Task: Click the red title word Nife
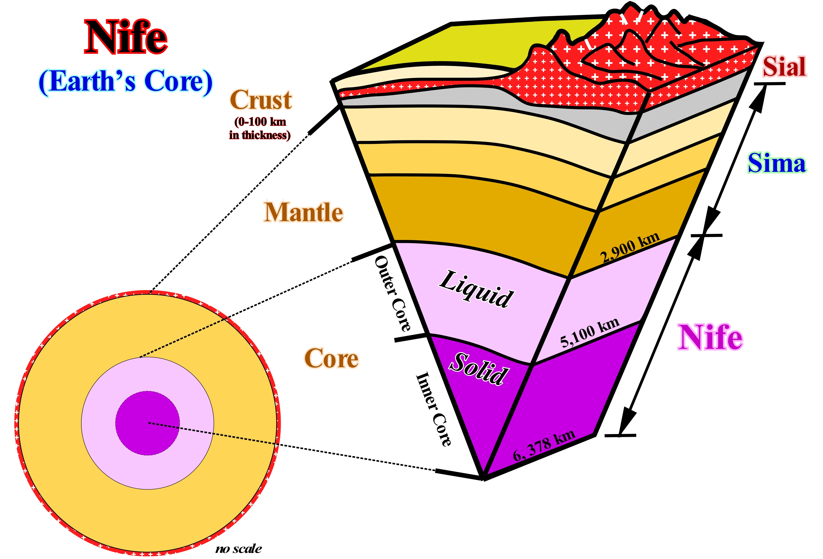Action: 126,37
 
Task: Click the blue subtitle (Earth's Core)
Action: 126,82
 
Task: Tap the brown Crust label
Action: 261,100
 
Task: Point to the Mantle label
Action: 304,212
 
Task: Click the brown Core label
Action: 331,358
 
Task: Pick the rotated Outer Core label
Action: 392,293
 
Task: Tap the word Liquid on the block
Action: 476,288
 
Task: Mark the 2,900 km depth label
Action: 630,248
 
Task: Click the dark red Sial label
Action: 784,67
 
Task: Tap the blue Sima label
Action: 777,163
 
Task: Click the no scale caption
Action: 238,549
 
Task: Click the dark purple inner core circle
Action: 147,423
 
